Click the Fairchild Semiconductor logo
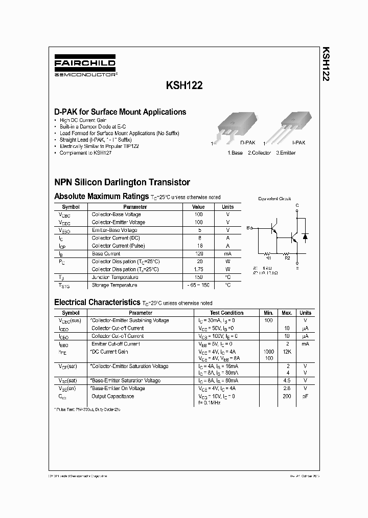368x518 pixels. tap(85, 67)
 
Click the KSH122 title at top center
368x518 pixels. tap(184, 87)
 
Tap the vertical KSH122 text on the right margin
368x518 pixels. tap(326, 66)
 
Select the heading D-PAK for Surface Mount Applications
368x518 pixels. tap(120, 112)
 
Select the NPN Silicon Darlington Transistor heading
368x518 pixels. tap(122, 182)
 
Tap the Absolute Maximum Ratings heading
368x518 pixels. tap(101, 196)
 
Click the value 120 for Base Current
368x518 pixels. tap(198, 254)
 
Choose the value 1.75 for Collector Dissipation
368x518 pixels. tap(198, 269)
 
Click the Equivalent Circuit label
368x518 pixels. tap(274, 198)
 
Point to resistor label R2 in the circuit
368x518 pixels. tap(287, 258)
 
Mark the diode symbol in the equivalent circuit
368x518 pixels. tap(305, 236)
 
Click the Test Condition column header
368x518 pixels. tap(226, 313)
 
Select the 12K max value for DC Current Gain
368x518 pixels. tap(287, 352)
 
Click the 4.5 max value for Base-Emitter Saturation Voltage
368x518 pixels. tap(287, 381)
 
